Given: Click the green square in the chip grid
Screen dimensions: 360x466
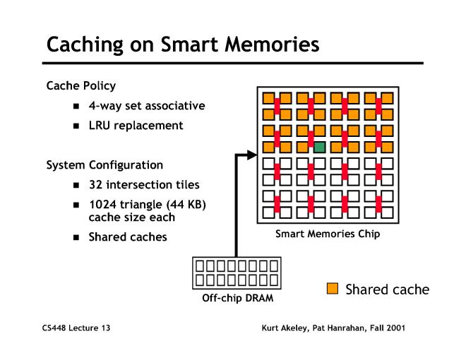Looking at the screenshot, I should [x=319, y=147].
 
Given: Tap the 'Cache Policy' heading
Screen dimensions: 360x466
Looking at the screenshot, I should [x=80, y=86].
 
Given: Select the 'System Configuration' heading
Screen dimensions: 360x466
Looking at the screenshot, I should [x=104, y=165].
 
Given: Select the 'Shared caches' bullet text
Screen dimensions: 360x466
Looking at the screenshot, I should [x=128, y=237].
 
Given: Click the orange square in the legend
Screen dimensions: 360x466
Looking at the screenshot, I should [x=333, y=288].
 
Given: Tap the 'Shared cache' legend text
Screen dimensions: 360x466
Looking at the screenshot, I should [x=387, y=289].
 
